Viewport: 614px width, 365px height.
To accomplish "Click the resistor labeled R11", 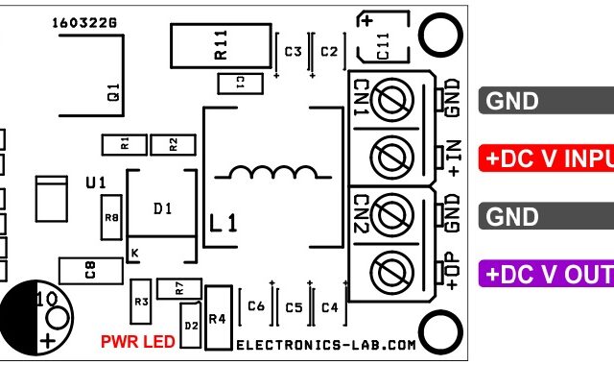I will point(219,46).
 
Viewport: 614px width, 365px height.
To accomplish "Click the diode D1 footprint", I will point(163,209).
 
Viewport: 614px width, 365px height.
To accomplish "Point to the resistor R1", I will point(124,145).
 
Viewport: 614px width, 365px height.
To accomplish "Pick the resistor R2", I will point(173,145).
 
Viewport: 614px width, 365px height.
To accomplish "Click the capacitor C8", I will point(90,271).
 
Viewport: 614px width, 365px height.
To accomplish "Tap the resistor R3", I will point(142,301).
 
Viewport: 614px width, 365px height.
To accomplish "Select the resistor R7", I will point(178,286).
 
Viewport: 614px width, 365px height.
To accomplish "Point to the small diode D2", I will point(190,324).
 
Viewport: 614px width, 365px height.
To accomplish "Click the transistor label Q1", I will point(113,93).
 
